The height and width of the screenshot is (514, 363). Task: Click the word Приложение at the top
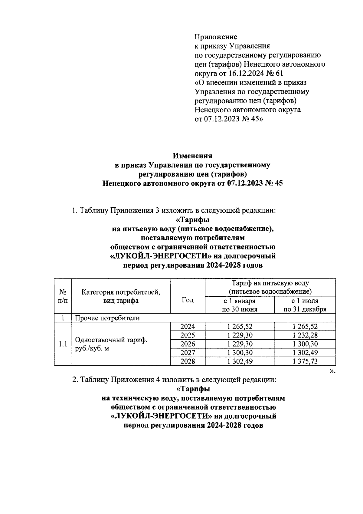tap(216, 37)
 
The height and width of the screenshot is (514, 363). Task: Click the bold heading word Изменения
tap(192, 156)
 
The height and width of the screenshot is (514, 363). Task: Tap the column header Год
tap(188, 300)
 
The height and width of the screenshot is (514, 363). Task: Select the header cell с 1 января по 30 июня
tap(240, 305)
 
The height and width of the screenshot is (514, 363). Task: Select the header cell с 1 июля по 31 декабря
tap(305, 305)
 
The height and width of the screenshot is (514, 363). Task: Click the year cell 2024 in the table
tap(188, 326)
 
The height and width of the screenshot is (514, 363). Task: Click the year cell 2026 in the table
tap(188, 344)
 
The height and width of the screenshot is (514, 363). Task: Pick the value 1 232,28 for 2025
tap(305, 335)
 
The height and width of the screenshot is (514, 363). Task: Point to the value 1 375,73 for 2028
tap(305, 361)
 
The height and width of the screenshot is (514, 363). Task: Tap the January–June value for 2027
tap(240, 353)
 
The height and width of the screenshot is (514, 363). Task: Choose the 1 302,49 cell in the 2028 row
tap(240, 361)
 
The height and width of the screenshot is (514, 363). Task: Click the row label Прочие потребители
tap(107, 318)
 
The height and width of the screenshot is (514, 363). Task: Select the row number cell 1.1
tap(63, 344)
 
